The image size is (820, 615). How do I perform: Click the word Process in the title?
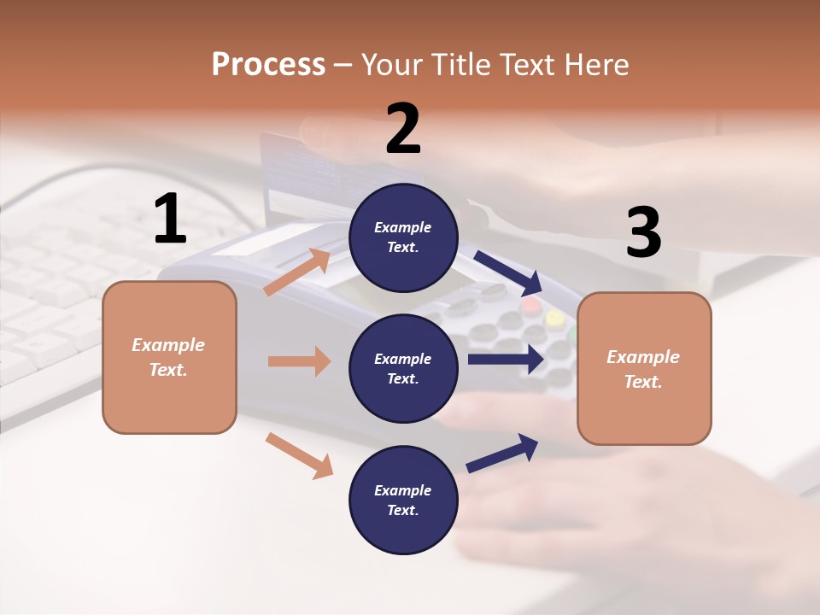pos(268,65)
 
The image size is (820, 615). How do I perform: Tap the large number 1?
pos(170,220)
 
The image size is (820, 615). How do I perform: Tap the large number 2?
pos(403,129)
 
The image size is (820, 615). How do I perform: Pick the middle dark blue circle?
pos(403,368)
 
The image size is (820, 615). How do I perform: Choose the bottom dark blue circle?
pos(403,500)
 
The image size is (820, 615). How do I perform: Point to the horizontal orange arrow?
pos(300,361)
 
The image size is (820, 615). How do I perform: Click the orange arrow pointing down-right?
pos(300,455)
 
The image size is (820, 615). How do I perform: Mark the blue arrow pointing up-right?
pos(503,453)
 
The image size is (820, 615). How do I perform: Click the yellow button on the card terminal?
pos(555,319)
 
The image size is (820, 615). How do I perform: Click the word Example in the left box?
pos(168,345)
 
